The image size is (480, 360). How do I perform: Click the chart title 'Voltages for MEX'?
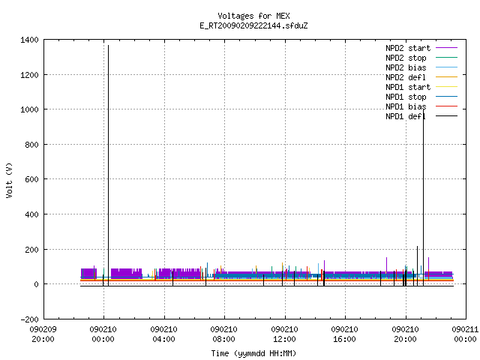[x=253, y=16]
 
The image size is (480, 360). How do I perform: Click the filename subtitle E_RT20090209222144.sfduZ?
[x=253, y=25]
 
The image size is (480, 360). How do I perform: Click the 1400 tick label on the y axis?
[x=29, y=40]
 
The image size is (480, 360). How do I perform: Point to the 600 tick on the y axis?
[x=31, y=179]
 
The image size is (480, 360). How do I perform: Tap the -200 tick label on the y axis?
[x=29, y=319]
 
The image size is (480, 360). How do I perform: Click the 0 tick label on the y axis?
[x=37, y=284]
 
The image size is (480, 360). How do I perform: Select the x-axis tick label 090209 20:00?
[x=43, y=334]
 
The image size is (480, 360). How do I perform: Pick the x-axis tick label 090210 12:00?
[x=285, y=334]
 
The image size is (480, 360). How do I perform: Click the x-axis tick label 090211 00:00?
[x=465, y=334]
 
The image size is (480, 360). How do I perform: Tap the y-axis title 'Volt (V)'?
[x=9, y=180]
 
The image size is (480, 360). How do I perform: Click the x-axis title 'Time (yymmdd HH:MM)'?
[x=253, y=353]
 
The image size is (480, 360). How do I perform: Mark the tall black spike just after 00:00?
[x=108, y=165]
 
